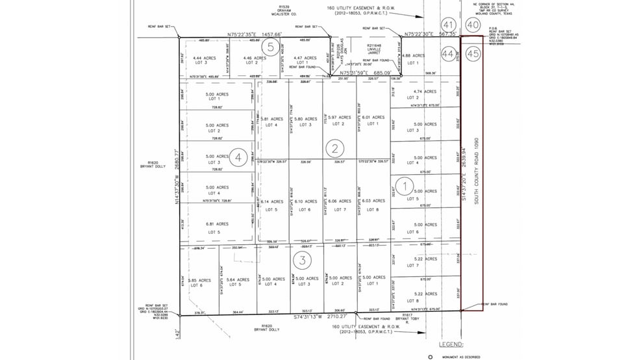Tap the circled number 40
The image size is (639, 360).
473,25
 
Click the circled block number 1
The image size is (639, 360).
404,186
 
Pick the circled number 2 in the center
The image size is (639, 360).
334,148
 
